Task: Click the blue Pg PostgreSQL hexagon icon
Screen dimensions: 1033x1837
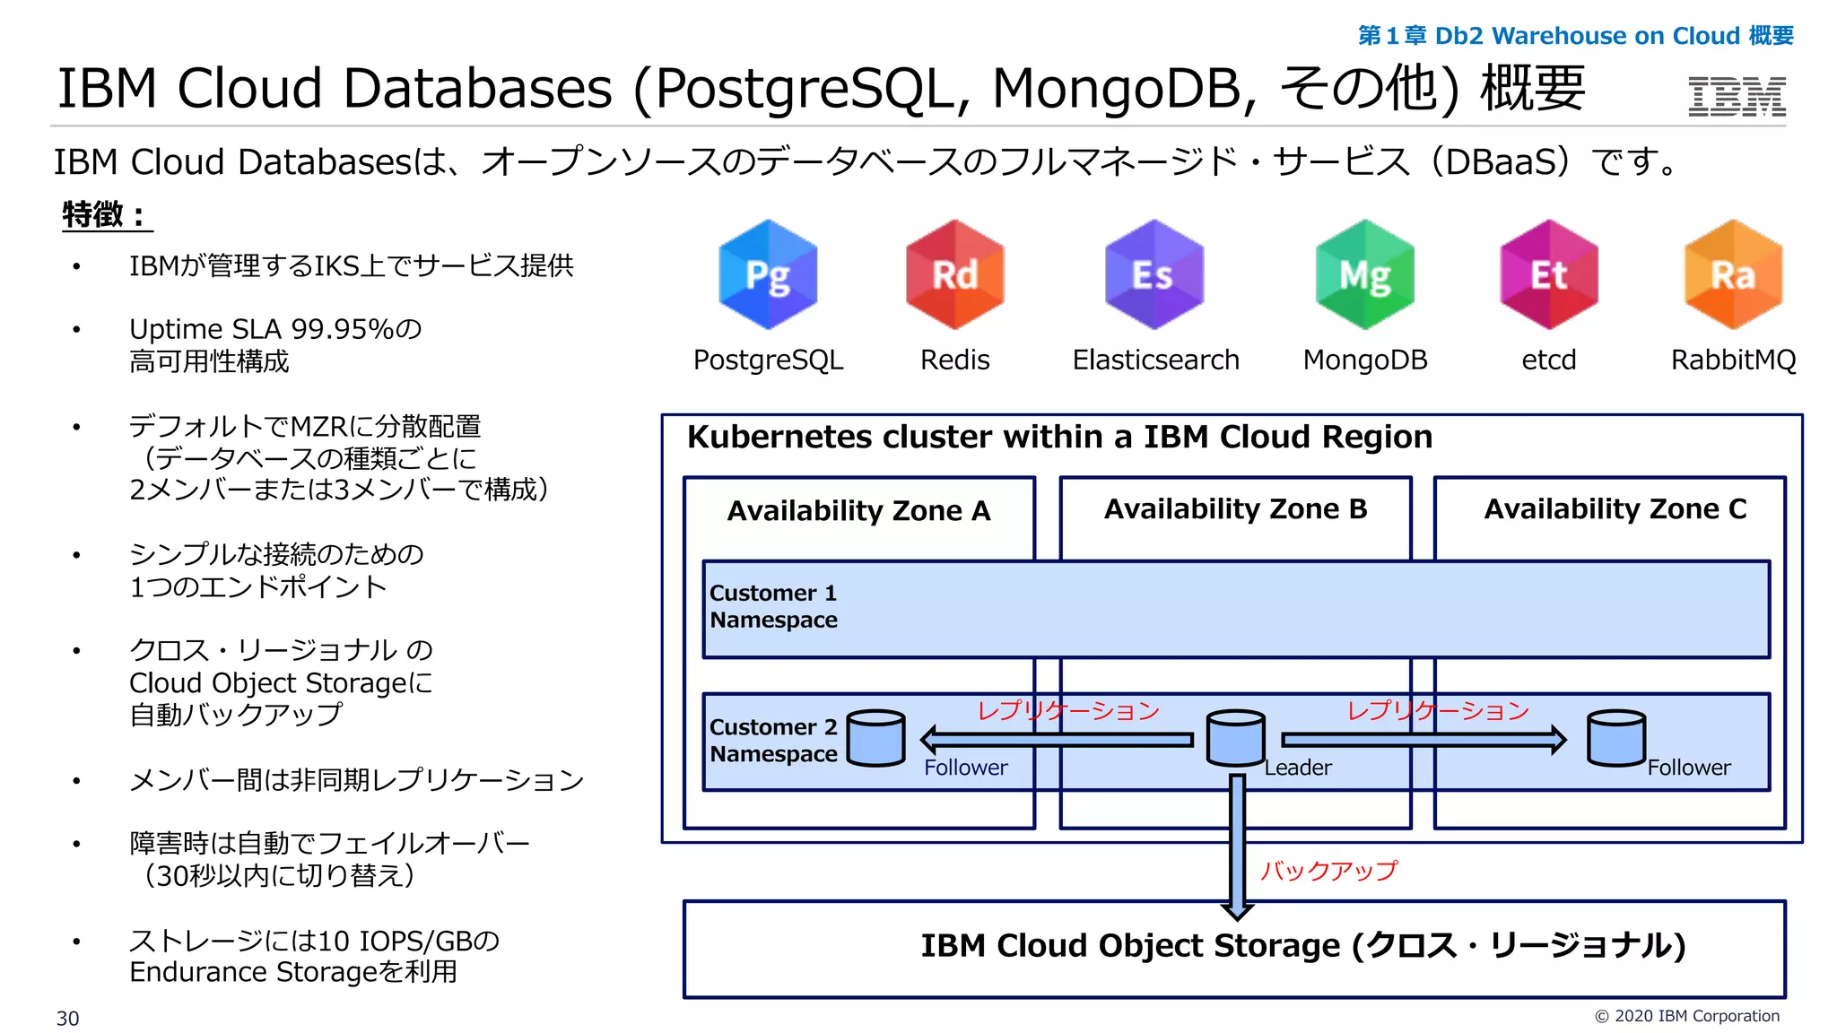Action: (x=768, y=274)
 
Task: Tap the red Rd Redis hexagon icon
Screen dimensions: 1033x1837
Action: (x=954, y=274)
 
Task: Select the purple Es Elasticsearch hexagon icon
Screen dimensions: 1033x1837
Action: (x=1154, y=274)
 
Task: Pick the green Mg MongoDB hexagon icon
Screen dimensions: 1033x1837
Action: (x=1364, y=274)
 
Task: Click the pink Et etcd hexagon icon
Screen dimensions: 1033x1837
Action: (x=1548, y=274)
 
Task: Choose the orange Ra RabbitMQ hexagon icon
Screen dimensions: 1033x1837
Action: (x=1733, y=274)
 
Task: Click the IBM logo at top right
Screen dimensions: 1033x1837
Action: (x=1737, y=96)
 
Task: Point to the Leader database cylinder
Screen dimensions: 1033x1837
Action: (x=1235, y=737)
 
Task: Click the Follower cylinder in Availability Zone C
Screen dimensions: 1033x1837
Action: (x=1615, y=737)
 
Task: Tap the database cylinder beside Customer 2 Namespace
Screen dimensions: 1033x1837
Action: (x=875, y=737)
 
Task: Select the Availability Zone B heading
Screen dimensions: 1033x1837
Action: (x=1235, y=508)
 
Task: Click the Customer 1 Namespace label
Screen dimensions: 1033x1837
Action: (x=773, y=606)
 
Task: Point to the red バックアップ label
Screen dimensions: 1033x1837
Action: (x=1328, y=870)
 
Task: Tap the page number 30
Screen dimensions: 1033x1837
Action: (x=67, y=1019)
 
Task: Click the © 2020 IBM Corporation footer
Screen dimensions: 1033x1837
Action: (x=1686, y=1016)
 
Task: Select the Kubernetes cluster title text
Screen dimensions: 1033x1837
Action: (x=1058, y=437)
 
